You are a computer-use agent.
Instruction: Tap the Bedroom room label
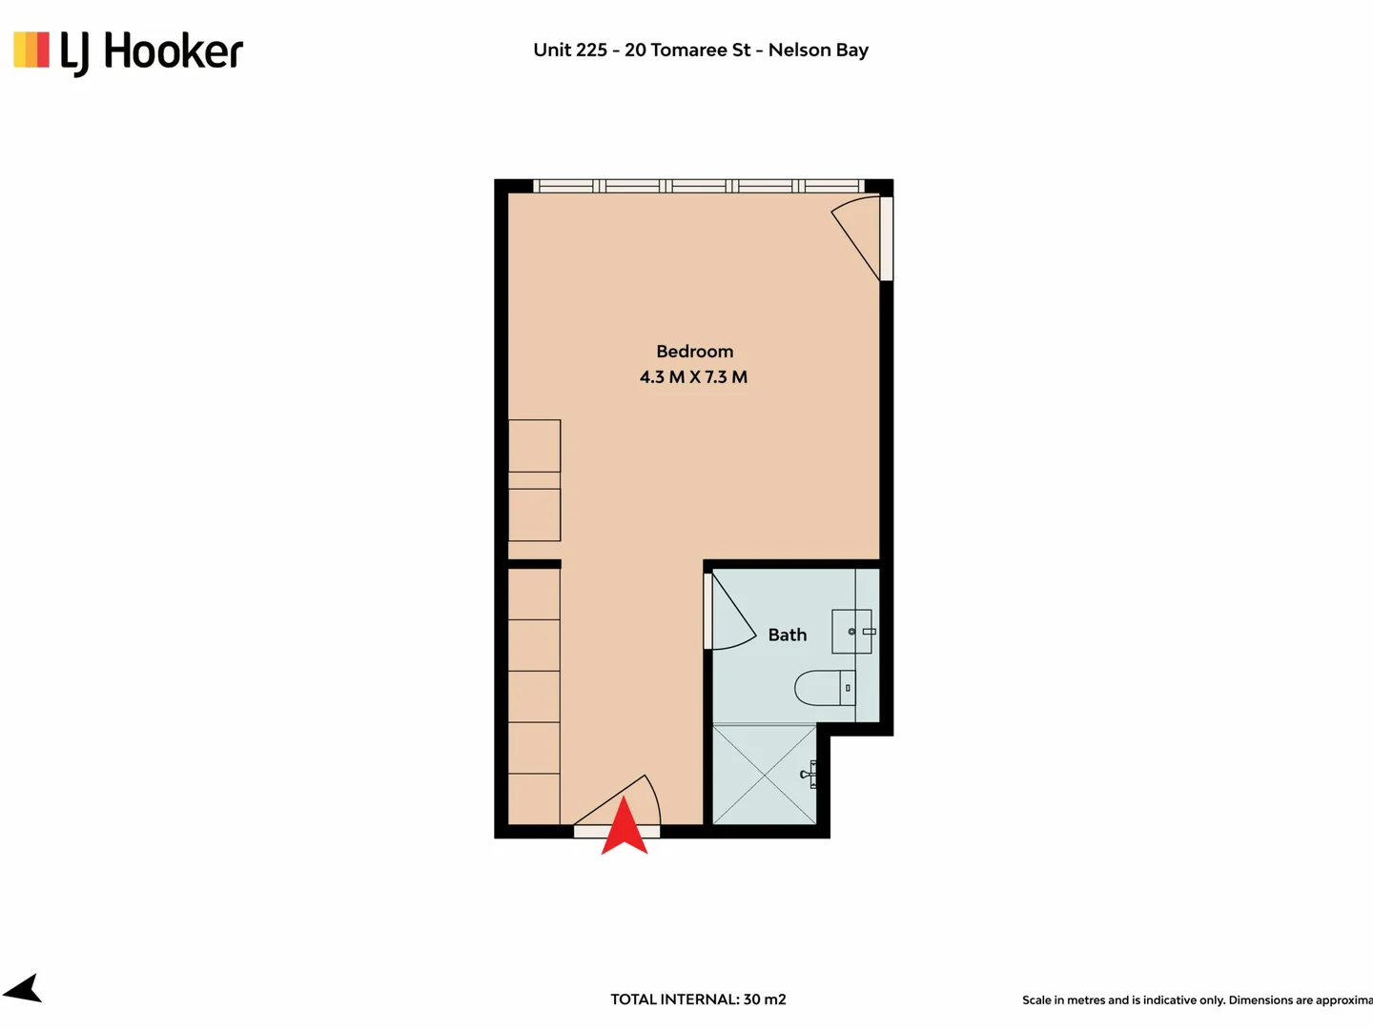[694, 352]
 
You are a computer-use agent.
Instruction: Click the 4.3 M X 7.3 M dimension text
[693, 377]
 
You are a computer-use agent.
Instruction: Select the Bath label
[787, 635]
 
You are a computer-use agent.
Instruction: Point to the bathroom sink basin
[850, 632]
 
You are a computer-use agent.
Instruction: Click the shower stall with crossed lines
[765, 774]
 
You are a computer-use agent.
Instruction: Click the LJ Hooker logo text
[153, 51]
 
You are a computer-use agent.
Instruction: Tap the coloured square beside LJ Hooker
[31, 50]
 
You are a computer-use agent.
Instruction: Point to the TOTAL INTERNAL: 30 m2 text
[698, 999]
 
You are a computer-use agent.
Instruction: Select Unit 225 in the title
[570, 50]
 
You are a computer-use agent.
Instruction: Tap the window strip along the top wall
[698, 186]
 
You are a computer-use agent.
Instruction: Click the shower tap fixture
[809, 774]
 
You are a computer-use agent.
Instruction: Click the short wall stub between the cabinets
[534, 564]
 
